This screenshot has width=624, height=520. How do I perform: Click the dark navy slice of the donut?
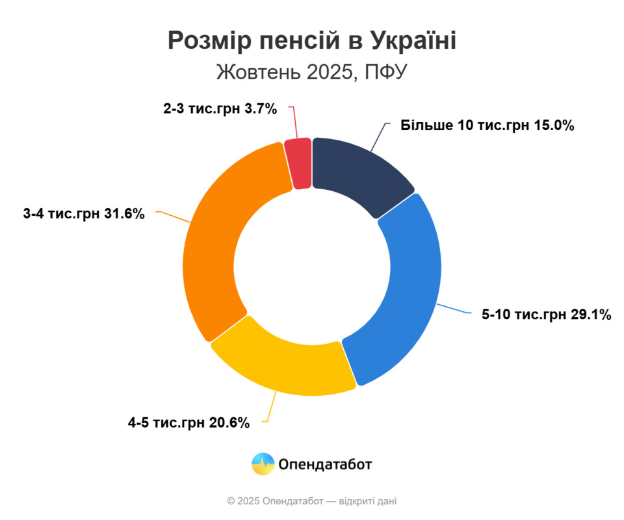point(357,172)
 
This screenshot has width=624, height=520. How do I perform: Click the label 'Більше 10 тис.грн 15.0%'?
point(487,126)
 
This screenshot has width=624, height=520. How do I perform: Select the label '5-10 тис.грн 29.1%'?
point(546,315)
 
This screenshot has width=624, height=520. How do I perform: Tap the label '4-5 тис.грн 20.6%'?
point(188,423)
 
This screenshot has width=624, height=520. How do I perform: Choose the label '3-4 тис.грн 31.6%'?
point(83,213)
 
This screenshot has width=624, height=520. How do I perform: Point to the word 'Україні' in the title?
point(414,40)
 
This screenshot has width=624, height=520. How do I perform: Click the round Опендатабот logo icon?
point(263,464)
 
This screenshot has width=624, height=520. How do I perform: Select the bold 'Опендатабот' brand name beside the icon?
point(325,464)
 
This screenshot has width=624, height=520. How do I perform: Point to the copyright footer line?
point(312,501)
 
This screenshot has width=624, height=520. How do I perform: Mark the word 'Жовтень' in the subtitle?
point(255,72)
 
